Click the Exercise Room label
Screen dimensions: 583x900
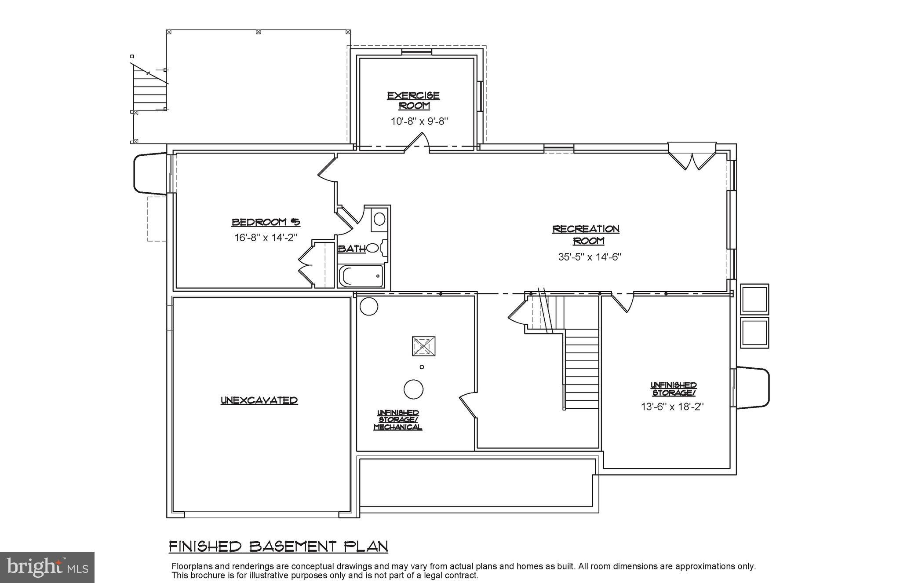pyautogui.click(x=413, y=101)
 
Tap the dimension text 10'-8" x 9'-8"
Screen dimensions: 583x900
pyautogui.click(x=419, y=121)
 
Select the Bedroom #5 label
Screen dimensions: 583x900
pyautogui.click(x=266, y=222)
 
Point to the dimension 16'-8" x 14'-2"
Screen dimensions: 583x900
pyautogui.click(x=266, y=238)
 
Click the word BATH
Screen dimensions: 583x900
pyautogui.click(x=351, y=249)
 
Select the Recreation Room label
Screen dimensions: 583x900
pyautogui.click(x=586, y=235)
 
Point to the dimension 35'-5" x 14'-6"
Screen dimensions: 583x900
pyautogui.click(x=589, y=257)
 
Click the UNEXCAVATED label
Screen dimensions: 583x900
pyautogui.click(x=259, y=400)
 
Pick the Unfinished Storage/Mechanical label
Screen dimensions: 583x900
pyautogui.click(x=398, y=420)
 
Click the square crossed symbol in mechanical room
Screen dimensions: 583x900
pyautogui.click(x=423, y=346)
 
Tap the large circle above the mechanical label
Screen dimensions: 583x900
pyautogui.click(x=413, y=389)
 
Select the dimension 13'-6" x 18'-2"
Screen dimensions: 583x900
pyautogui.click(x=672, y=407)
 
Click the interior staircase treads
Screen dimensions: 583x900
pyautogui.click(x=581, y=370)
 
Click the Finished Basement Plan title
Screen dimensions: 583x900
pyautogui.click(x=278, y=546)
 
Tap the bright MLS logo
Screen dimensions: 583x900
pyautogui.click(x=47, y=567)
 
